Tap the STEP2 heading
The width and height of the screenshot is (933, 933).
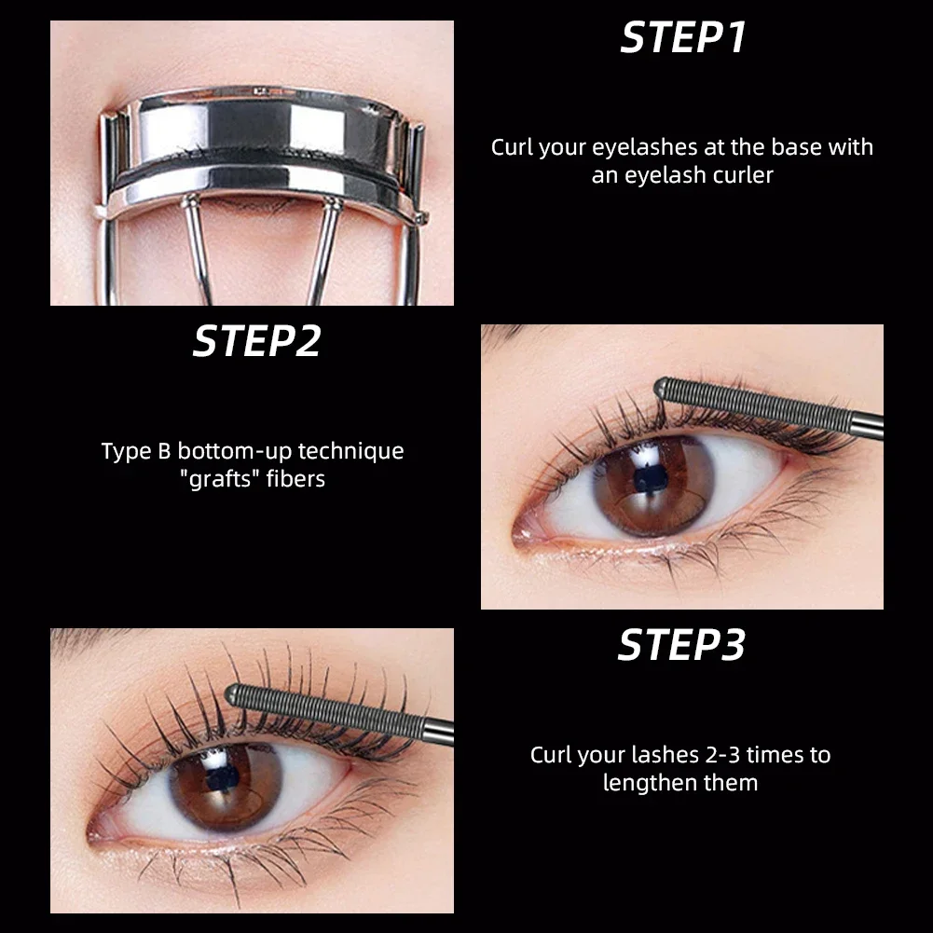click(x=256, y=341)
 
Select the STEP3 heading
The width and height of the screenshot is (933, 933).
click(x=681, y=645)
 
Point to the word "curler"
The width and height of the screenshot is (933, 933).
click(x=741, y=174)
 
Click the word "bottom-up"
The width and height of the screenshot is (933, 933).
click(x=234, y=451)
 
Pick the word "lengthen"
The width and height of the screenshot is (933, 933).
click(x=649, y=782)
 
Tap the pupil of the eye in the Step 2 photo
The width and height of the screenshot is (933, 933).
click(x=647, y=480)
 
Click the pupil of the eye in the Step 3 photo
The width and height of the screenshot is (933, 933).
click(x=225, y=782)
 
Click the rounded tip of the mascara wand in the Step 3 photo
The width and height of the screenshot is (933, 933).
click(x=234, y=693)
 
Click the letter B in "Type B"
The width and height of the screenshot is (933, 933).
click(x=163, y=452)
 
